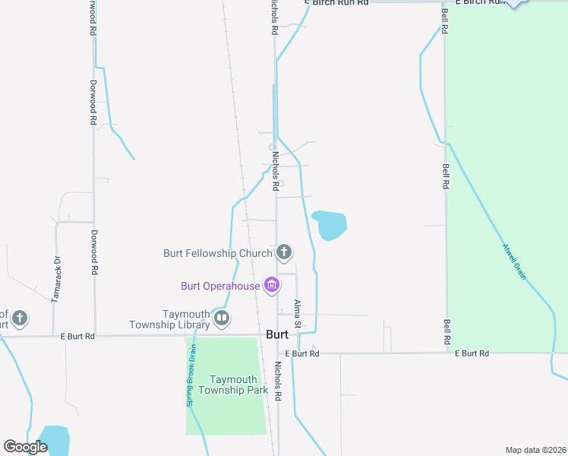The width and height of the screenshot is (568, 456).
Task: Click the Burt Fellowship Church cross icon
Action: [284, 252]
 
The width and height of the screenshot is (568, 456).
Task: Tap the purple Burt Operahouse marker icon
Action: [271, 286]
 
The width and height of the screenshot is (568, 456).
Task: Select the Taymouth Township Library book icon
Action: [222, 318]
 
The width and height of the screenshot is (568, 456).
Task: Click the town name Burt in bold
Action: [277, 334]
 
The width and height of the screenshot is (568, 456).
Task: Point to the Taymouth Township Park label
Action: [229, 385]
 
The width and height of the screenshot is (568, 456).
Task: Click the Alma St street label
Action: [298, 314]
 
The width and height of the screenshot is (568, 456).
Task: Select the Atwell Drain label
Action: [514, 261]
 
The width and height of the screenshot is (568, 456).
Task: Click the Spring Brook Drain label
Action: [193, 375]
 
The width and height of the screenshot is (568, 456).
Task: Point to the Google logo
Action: [26, 447]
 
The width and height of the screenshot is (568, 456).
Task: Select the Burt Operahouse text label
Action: [220, 287]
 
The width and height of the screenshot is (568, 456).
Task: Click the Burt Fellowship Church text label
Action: [218, 253]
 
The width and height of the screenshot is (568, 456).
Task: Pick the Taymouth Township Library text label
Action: [186, 319]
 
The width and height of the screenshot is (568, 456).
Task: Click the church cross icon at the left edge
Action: [20, 318]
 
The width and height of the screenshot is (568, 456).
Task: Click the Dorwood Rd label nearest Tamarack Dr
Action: [93, 252]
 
